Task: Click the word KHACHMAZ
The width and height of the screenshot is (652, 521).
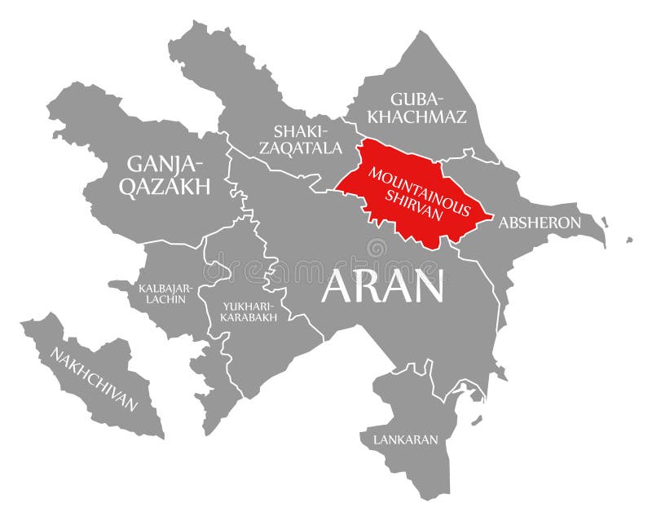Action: [x=417, y=117]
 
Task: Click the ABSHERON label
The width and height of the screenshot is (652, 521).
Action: [x=540, y=223]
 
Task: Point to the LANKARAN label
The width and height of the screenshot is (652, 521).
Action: [x=405, y=439]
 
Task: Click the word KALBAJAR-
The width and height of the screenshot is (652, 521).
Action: [x=165, y=287]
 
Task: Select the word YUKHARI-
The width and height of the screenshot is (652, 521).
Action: [x=246, y=306]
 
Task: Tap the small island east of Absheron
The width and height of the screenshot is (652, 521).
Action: [x=629, y=240]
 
